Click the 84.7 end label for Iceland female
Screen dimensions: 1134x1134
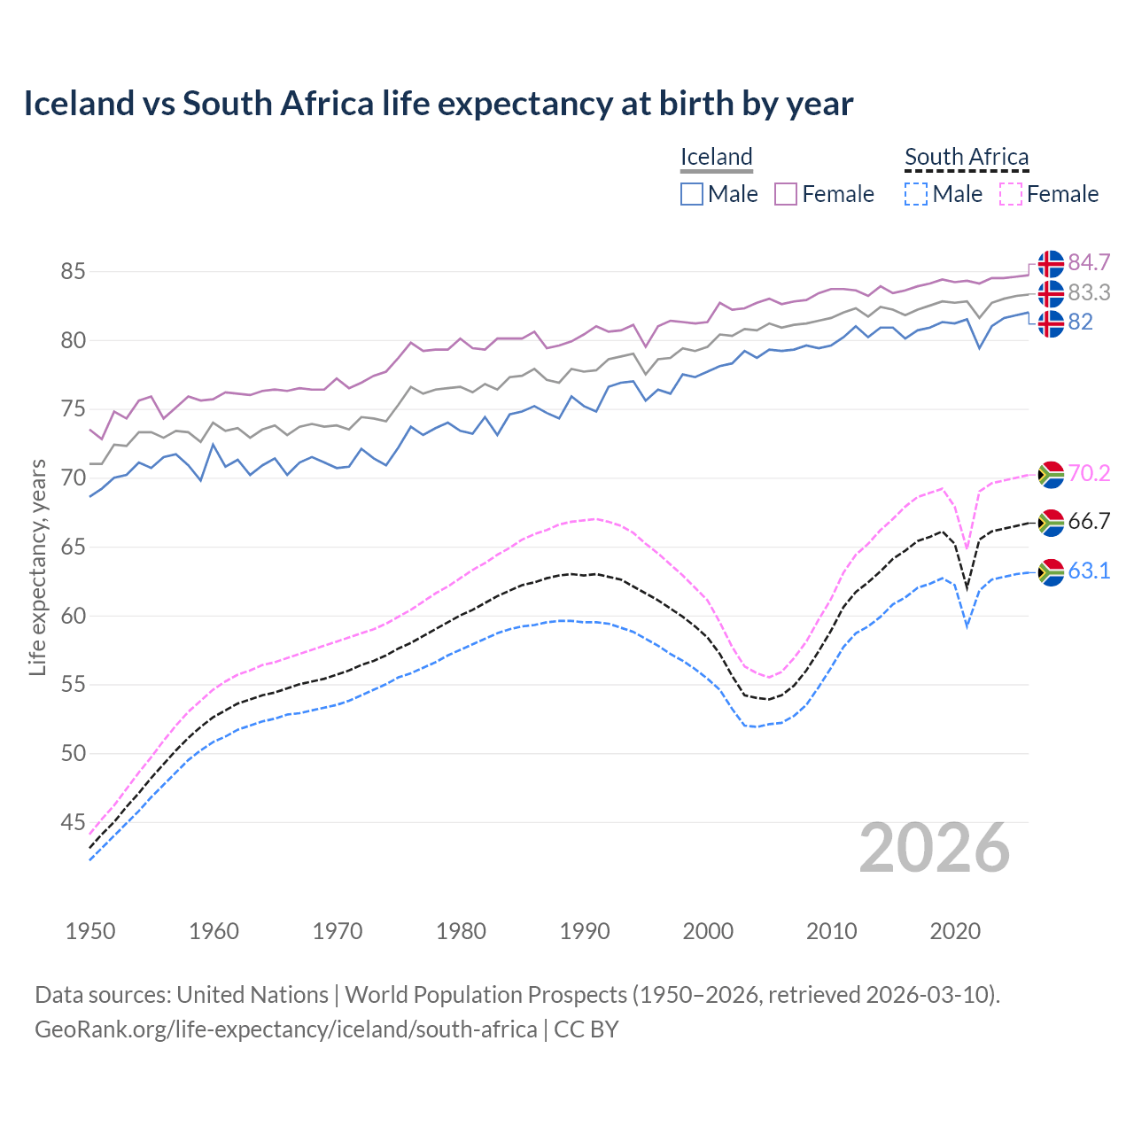tap(1089, 263)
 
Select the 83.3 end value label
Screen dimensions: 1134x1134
tap(1089, 292)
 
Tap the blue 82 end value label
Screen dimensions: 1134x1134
tap(1080, 322)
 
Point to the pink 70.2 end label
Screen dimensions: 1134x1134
tap(1089, 474)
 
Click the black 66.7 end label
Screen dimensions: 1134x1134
tap(1089, 522)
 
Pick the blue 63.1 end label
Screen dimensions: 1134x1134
tap(1089, 571)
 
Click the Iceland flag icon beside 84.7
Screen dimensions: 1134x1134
tap(1051, 264)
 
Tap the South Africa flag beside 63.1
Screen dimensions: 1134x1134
tap(1051, 572)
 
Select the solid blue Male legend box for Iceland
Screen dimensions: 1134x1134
tap(692, 194)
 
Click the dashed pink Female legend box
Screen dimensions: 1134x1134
tap(1011, 194)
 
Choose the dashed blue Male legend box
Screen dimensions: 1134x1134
tap(916, 194)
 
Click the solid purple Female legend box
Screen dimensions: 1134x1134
tap(786, 194)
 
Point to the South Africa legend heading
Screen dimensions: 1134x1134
tap(967, 158)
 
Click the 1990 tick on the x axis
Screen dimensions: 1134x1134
tap(585, 931)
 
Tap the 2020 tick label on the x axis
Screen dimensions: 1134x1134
tap(955, 931)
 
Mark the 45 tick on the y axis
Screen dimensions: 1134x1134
tap(73, 823)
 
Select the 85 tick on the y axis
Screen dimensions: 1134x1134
tap(73, 272)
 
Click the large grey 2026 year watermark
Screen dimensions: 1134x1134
tap(935, 849)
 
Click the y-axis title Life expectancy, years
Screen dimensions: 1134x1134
tap(38, 567)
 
